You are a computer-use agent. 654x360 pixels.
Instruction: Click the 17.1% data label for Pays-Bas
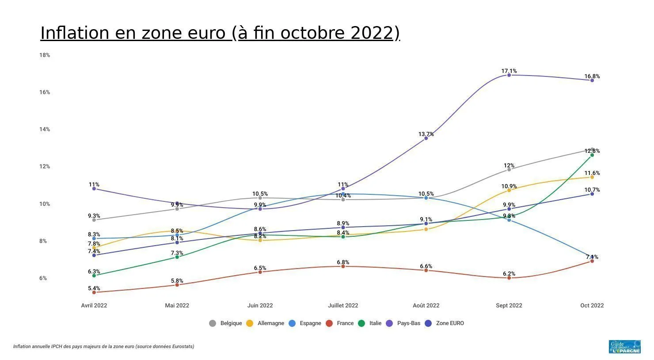(509, 71)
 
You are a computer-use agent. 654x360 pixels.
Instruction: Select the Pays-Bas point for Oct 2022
(592, 80)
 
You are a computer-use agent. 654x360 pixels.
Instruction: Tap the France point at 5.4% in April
(94, 292)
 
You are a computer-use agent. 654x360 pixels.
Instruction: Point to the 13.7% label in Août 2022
(426, 134)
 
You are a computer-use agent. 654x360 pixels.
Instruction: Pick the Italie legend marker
(361, 323)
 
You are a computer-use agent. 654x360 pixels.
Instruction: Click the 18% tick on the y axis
(45, 55)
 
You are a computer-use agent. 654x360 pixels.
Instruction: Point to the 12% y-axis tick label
(45, 167)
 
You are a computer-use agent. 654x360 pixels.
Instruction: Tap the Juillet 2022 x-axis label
(343, 306)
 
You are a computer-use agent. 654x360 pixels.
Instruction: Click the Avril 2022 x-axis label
(94, 306)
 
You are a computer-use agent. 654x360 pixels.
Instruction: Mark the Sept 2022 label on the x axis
(509, 306)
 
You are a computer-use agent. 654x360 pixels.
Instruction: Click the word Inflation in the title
(75, 33)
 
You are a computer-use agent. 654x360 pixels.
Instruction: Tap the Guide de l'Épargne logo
(624, 347)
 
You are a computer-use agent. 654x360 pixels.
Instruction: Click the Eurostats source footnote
(103, 347)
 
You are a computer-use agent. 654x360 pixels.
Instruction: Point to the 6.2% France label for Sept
(509, 274)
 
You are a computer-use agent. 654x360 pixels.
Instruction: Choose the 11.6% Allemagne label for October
(592, 173)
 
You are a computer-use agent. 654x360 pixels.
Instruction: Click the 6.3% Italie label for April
(94, 272)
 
